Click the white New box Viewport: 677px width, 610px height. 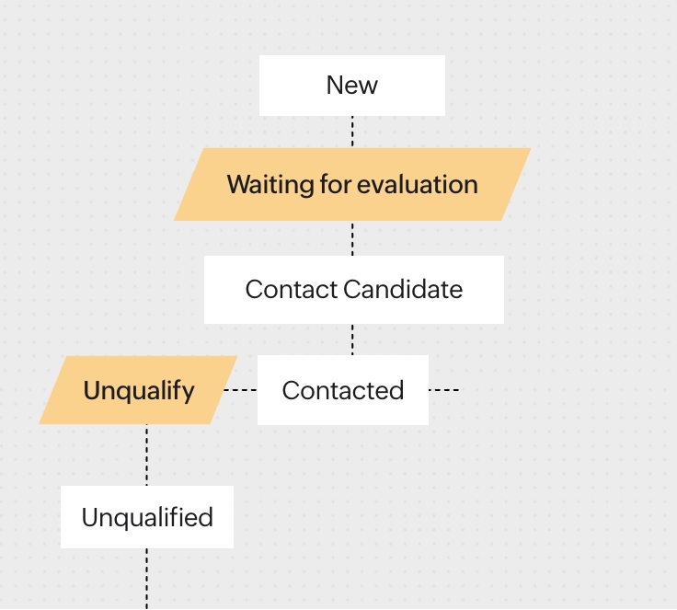pyautogui.click(x=352, y=86)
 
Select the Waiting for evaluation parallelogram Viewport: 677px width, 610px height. pyautogui.click(x=352, y=184)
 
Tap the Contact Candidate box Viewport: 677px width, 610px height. pyautogui.click(x=353, y=290)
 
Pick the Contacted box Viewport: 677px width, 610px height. pyautogui.click(x=343, y=390)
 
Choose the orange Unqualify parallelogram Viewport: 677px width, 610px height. pyautogui.click(x=138, y=390)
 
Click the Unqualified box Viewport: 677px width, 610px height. pyautogui.click(x=147, y=517)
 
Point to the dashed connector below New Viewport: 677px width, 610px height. pyautogui.click(x=352, y=132)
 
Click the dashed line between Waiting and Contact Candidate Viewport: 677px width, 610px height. pyautogui.click(x=352, y=238)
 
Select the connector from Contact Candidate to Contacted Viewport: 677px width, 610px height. pyautogui.click(x=352, y=340)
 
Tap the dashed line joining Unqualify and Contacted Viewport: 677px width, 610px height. pyautogui.click(x=240, y=390)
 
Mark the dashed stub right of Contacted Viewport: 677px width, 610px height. pyautogui.click(x=444, y=390)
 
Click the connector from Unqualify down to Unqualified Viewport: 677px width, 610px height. pyautogui.click(x=147, y=455)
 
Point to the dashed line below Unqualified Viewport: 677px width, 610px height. pyautogui.click(x=147, y=579)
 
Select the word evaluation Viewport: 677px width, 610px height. pyautogui.click(x=418, y=184)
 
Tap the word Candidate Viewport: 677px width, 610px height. pyautogui.click(x=403, y=289)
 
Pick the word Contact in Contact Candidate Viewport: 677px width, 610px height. pyautogui.click(x=292, y=289)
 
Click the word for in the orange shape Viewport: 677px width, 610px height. pyautogui.click(x=336, y=184)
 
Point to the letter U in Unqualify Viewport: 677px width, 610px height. pyautogui.click(x=92, y=390)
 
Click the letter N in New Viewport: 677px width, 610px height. pyautogui.click(x=335, y=86)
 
